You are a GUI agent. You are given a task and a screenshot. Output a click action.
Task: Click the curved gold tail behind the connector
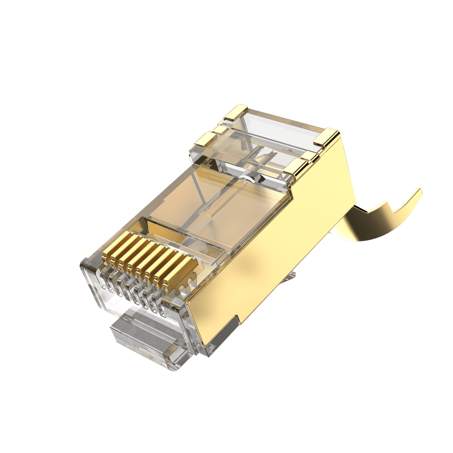(x=377, y=223)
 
